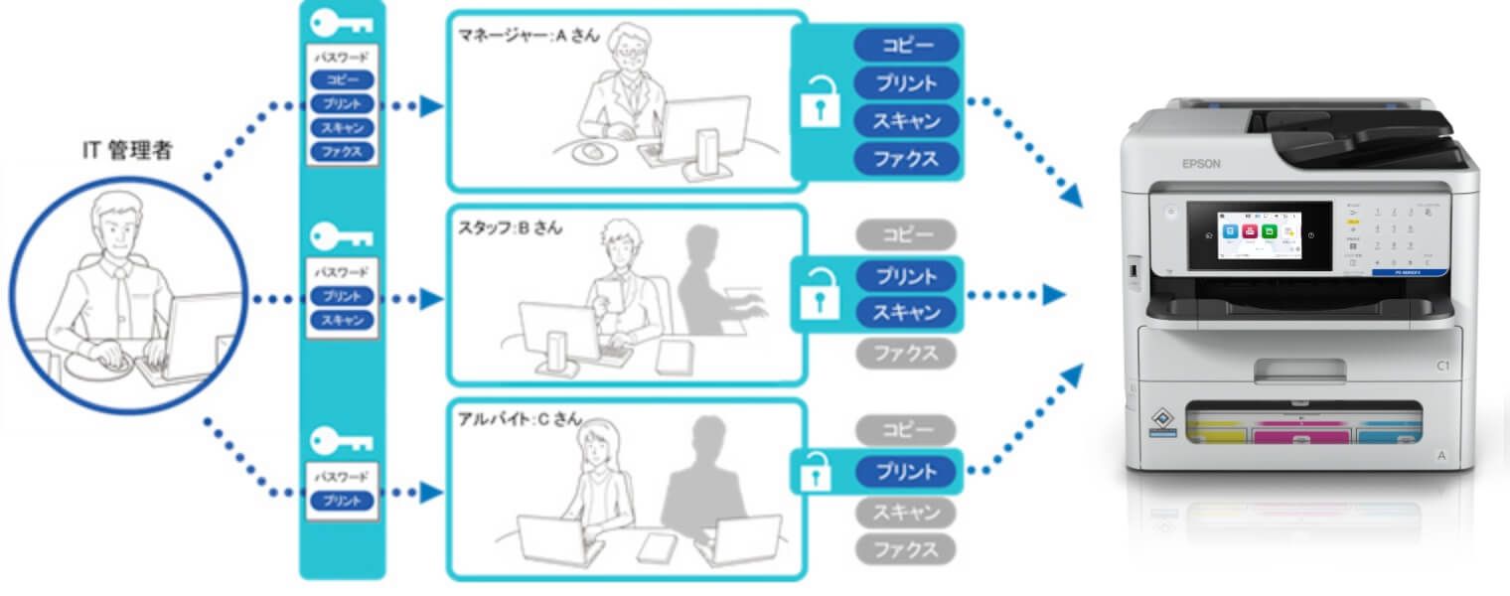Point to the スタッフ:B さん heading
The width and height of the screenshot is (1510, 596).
(x=511, y=227)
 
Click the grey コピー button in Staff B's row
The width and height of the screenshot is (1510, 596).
(x=905, y=235)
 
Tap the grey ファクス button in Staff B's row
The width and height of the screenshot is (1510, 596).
(x=905, y=353)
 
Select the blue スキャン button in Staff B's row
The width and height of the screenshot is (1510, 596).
(x=905, y=313)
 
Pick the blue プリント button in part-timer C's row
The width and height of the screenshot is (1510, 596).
(x=905, y=471)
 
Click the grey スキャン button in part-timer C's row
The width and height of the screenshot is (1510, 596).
(x=905, y=513)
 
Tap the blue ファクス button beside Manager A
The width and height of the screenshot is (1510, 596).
(x=906, y=158)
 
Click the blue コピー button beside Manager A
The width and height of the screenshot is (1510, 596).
(x=906, y=45)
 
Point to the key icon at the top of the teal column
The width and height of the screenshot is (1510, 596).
(x=342, y=24)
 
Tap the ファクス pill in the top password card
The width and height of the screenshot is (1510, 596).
(x=342, y=152)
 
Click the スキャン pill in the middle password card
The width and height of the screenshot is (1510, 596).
(x=342, y=320)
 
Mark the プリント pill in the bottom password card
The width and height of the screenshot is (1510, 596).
(x=342, y=502)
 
